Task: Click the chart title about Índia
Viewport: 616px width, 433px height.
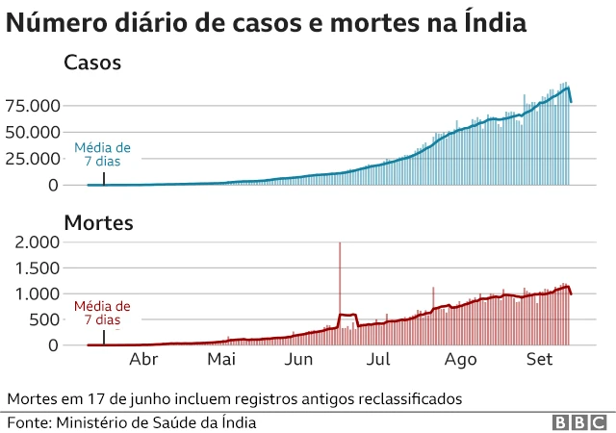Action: [x=267, y=24]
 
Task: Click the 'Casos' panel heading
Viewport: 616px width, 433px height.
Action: [x=91, y=64]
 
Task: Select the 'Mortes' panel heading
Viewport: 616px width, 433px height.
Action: [x=98, y=223]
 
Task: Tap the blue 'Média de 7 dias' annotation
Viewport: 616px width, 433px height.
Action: [x=102, y=156]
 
